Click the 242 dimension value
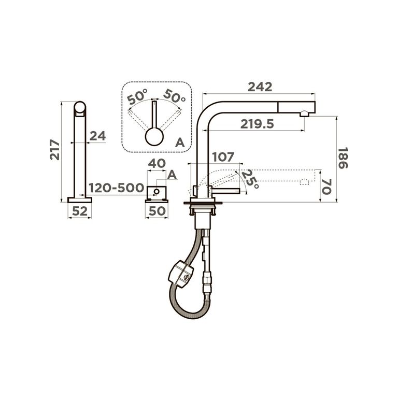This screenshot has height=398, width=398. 260,87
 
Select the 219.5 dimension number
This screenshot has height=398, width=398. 257,124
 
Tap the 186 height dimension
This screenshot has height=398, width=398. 343,158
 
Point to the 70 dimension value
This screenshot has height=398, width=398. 326,187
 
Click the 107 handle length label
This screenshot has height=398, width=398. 223,157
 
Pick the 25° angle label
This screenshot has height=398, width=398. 250,179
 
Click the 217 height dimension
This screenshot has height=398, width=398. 55,149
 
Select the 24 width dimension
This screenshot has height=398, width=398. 98,136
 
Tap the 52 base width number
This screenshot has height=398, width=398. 80,211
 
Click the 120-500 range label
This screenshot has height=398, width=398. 116,188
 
